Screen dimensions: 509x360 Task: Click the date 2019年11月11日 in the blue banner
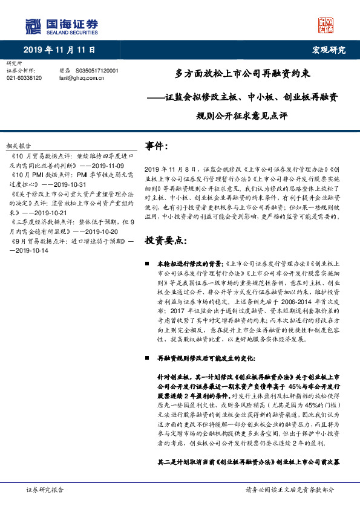pyautogui.click(x=59, y=49)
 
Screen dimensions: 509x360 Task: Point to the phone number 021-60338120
pyautogui.click(x=24, y=78)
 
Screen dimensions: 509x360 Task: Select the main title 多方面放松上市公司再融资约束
pyautogui.click(x=243, y=74)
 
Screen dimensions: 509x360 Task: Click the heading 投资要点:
pyautogui.click(x=164, y=223)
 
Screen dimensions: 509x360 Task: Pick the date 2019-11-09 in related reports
pyautogui.click(x=106, y=165)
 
